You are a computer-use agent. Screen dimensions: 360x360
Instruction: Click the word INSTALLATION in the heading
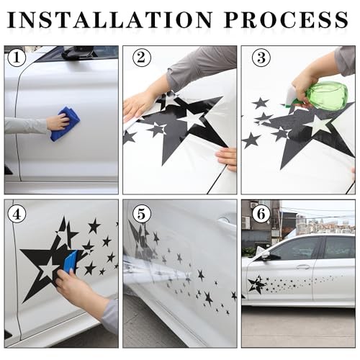(109, 19)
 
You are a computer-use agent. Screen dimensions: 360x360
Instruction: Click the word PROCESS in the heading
(286, 19)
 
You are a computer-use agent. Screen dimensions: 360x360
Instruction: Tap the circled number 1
(17, 58)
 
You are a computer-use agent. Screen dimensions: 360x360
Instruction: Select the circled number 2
(142, 58)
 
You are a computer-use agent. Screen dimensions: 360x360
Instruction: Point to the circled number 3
(261, 58)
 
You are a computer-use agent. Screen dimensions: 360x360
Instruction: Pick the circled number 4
(17, 214)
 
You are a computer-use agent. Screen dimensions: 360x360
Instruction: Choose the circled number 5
(142, 214)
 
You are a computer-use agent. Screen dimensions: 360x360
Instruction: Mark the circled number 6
(261, 214)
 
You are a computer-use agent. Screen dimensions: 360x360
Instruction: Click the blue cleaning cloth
(65, 125)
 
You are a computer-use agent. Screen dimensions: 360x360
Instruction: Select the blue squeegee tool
(71, 262)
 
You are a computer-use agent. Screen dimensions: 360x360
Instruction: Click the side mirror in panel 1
(77, 53)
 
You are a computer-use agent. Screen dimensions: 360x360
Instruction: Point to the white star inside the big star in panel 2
(192, 120)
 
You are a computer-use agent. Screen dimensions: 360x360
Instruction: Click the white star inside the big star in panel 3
(320, 125)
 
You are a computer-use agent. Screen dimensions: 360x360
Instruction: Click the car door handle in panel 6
(303, 266)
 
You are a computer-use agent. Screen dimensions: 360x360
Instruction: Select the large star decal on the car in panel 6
(256, 284)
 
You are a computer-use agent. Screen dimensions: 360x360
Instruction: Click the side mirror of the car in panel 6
(270, 256)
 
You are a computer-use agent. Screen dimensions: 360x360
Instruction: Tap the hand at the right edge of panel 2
(227, 158)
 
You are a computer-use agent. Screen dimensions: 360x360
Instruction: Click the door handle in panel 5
(225, 220)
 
